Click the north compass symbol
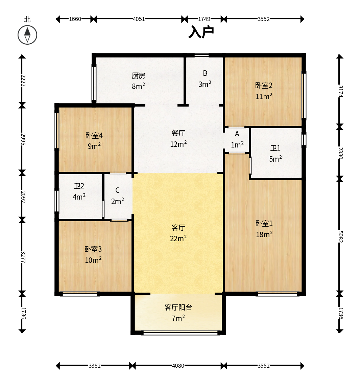point(27,35)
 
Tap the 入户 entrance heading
point(201,32)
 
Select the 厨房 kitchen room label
point(139,76)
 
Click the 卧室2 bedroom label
point(264,86)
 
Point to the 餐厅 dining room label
point(178,133)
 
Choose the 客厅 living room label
point(178,227)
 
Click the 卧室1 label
point(264,224)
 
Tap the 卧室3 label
point(93,249)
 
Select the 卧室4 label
point(94,135)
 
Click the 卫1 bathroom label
point(275,148)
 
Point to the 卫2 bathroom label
point(79,186)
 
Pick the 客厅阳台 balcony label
point(178,307)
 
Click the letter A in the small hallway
point(237,134)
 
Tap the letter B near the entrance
point(205,73)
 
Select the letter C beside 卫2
point(117,190)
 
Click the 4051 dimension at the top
point(139,19)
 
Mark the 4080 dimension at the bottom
point(178,366)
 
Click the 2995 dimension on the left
point(23,139)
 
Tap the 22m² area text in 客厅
point(178,238)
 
